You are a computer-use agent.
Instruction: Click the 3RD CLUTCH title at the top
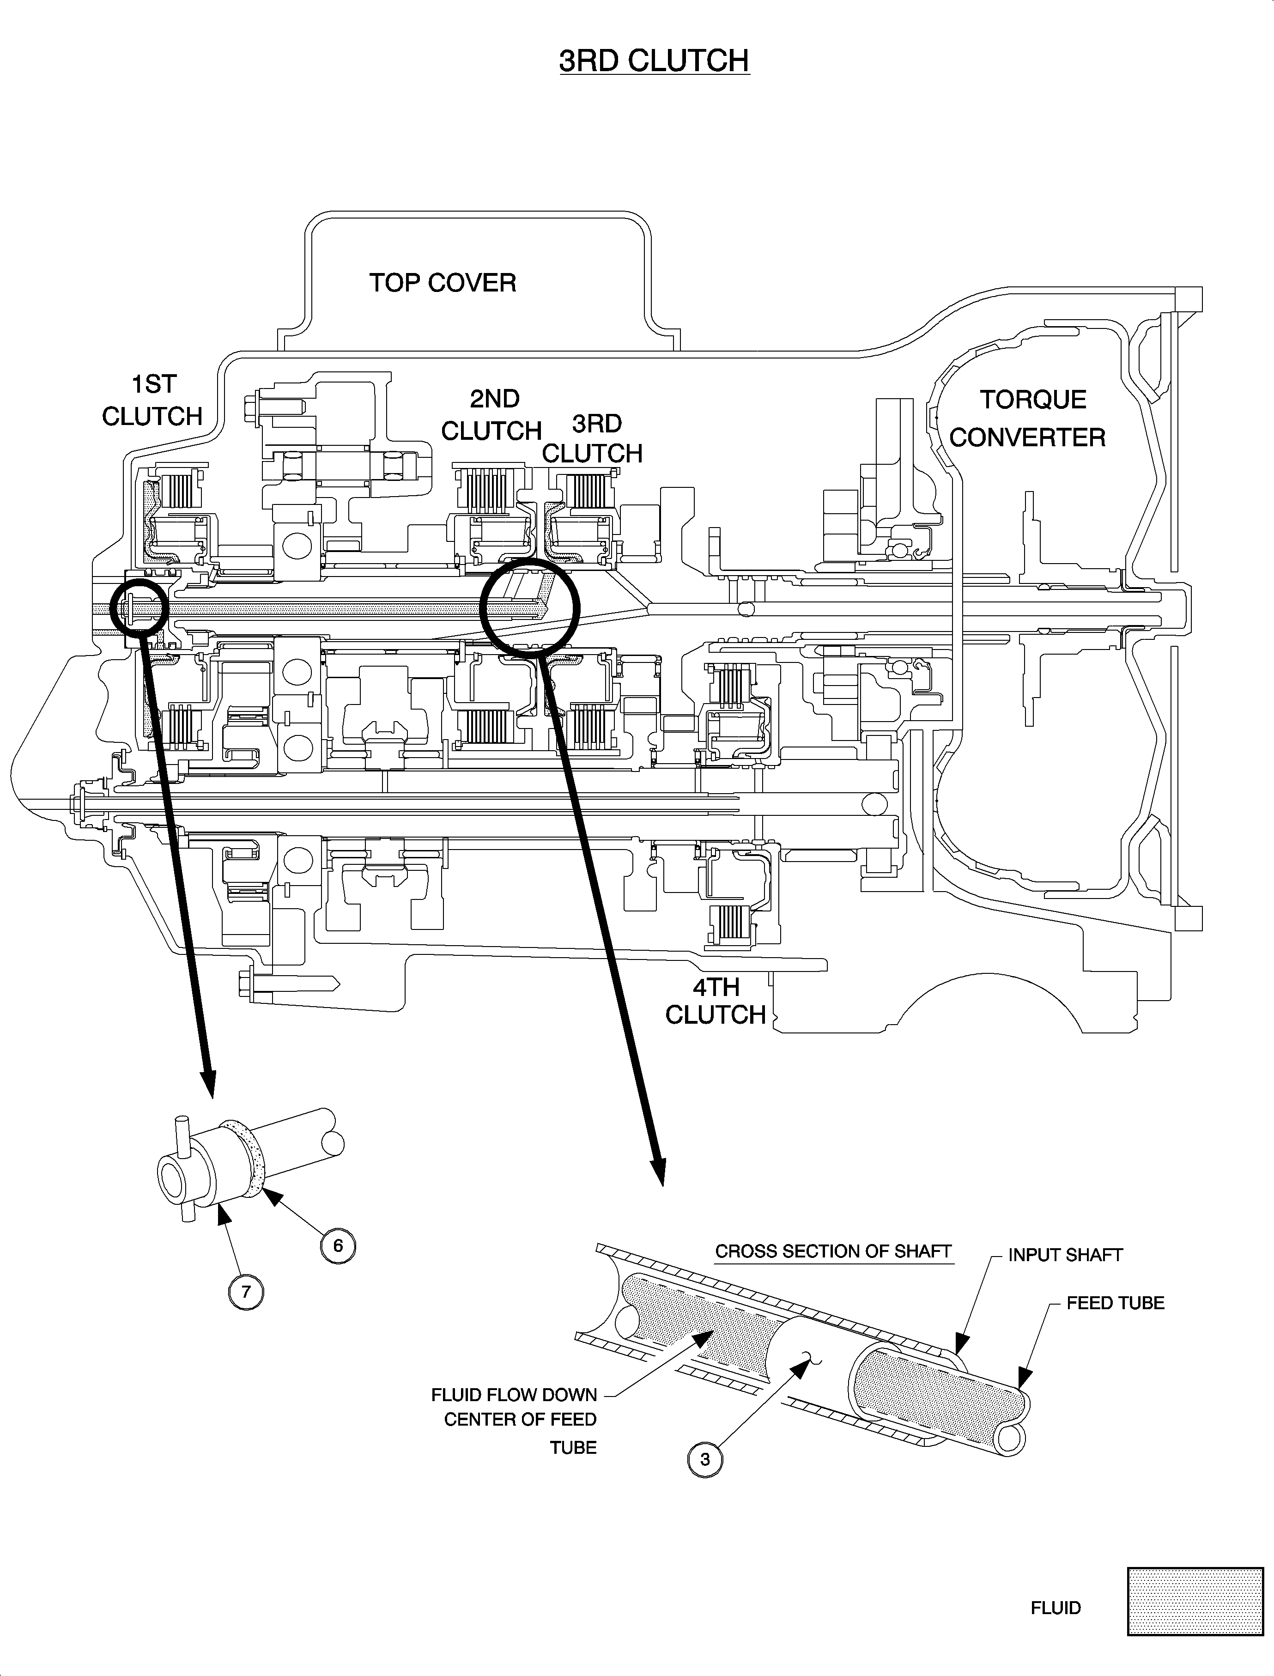click(654, 61)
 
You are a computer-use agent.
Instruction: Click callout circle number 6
click(338, 1245)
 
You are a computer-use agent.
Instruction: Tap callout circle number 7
click(246, 1292)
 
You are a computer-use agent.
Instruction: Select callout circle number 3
click(704, 1458)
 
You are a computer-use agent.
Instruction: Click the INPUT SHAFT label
click(1065, 1255)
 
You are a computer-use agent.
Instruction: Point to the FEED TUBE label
click(1115, 1303)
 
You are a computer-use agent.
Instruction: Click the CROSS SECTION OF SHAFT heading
click(833, 1251)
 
